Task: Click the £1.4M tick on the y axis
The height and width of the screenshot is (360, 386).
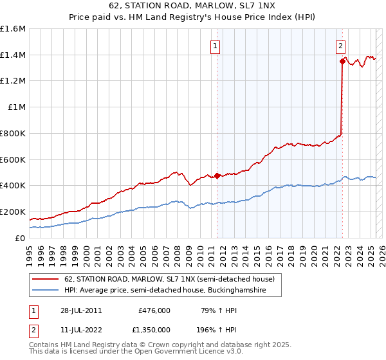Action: [13, 55]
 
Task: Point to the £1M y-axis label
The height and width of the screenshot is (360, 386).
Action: [16, 107]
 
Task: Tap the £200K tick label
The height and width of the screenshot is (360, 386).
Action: [12, 212]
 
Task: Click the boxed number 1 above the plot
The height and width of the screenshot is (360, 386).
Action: [214, 46]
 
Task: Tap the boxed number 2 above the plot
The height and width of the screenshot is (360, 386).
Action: [340, 46]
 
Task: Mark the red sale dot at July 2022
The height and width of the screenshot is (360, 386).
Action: [342, 62]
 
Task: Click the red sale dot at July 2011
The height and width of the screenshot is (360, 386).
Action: [217, 175]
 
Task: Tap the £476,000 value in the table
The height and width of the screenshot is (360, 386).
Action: [154, 310]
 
